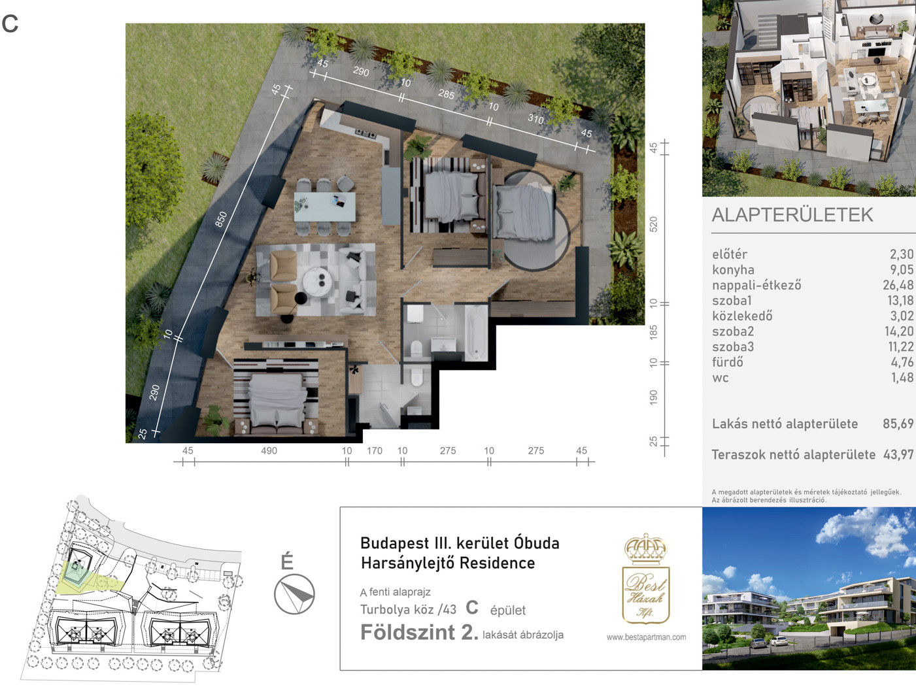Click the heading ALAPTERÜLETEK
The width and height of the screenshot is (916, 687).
[x=792, y=215]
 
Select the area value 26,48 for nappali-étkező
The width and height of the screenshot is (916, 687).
[x=898, y=285]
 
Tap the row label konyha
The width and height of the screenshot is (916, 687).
[x=733, y=270]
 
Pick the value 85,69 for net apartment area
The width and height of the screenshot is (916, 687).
[x=898, y=424]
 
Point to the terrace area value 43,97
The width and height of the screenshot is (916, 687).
[x=898, y=454]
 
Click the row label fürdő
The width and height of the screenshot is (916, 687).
[x=728, y=361]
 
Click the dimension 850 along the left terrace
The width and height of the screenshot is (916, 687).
[x=221, y=219]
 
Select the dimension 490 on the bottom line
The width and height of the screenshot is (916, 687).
[x=269, y=450]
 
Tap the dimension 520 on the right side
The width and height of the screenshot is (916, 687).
[x=654, y=224]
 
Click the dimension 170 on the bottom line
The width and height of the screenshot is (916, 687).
[x=375, y=450]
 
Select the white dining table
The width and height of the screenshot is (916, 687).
[x=325, y=207]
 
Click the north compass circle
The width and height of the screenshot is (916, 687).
[x=294, y=594]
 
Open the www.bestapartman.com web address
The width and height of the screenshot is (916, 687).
[x=646, y=637]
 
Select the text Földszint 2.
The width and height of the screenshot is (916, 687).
[x=419, y=632]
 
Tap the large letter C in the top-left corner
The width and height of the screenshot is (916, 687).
[x=10, y=24]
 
